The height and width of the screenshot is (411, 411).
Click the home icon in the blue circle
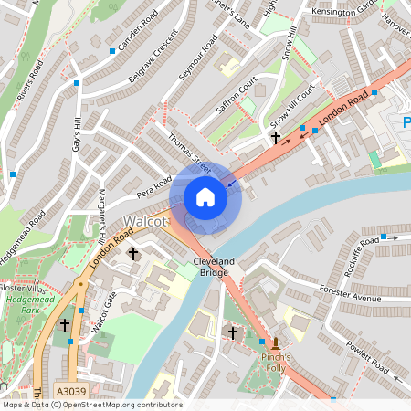coord(205,196)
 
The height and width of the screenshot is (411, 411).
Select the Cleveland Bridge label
coord(214,268)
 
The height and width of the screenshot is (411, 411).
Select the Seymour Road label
coord(198,57)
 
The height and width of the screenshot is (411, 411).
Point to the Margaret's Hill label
coord(102,216)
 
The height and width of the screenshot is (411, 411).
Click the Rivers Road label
coord(28,67)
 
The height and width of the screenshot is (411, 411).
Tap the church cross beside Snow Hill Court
coord(276,138)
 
